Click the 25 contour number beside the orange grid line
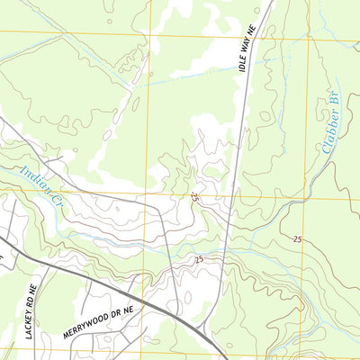coord(195,195)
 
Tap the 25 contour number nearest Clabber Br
coord(297,238)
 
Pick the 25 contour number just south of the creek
coord(198,260)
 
